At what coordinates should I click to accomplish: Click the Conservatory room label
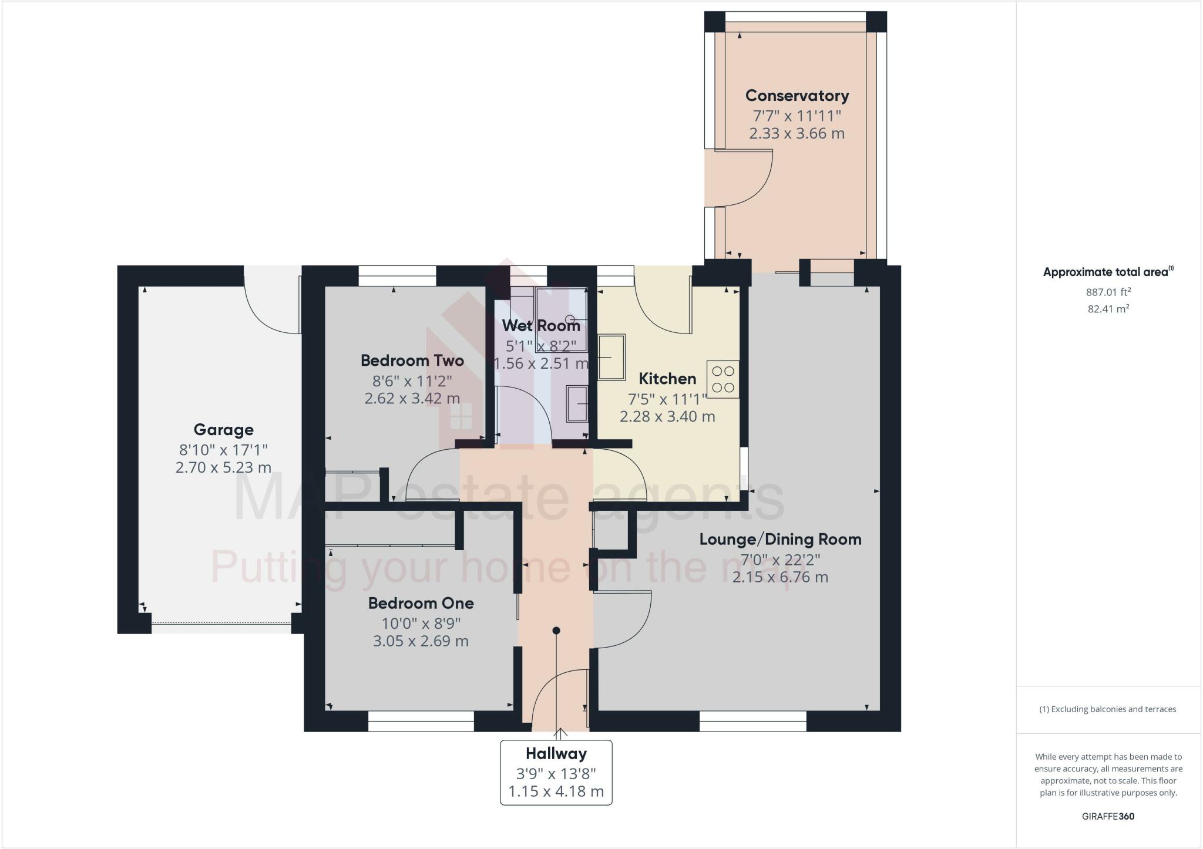click(x=797, y=96)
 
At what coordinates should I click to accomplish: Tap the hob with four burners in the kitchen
click(x=723, y=379)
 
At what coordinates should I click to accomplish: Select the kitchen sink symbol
click(x=611, y=357)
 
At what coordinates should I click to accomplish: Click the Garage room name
click(x=223, y=430)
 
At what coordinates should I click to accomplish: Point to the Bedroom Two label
click(x=412, y=361)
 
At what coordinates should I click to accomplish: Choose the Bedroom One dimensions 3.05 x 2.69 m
click(x=421, y=641)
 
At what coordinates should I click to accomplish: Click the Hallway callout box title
click(x=556, y=754)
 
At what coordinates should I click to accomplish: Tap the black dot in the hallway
click(x=556, y=631)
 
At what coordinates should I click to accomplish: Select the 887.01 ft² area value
click(x=1108, y=292)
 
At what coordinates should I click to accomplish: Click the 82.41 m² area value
click(x=1108, y=309)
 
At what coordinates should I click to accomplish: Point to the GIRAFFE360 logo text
click(x=1108, y=816)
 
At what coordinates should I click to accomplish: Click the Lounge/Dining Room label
click(x=780, y=540)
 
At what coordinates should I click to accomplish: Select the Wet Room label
click(x=540, y=325)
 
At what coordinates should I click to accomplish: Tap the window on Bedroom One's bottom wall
click(x=421, y=722)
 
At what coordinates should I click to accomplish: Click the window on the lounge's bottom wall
click(x=752, y=722)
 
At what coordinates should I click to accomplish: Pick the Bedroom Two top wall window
click(x=397, y=276)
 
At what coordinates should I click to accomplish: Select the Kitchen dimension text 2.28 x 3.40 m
click(x=667, y=417)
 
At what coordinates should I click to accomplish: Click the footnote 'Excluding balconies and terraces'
click(x=1108, y=709)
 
